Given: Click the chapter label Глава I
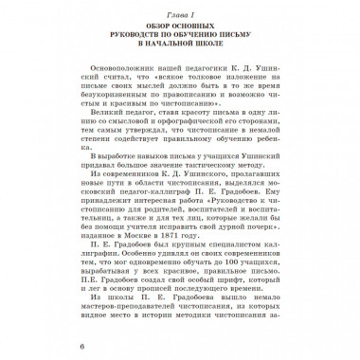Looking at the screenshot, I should pos(180,10).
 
